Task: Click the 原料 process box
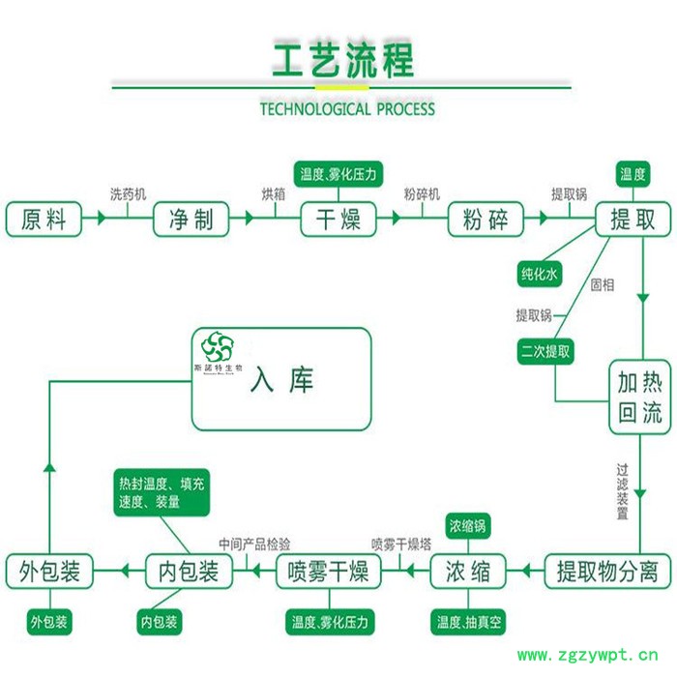44,220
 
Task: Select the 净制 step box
191,220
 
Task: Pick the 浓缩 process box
467,572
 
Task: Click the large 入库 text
281,380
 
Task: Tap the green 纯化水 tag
540,275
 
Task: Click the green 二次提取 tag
545,350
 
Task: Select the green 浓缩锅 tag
467,526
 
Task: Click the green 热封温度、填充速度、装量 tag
162,492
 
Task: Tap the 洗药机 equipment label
128,194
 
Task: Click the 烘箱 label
274,194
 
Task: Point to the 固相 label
602,284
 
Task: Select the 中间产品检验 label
253,544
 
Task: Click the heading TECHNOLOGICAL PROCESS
347,109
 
